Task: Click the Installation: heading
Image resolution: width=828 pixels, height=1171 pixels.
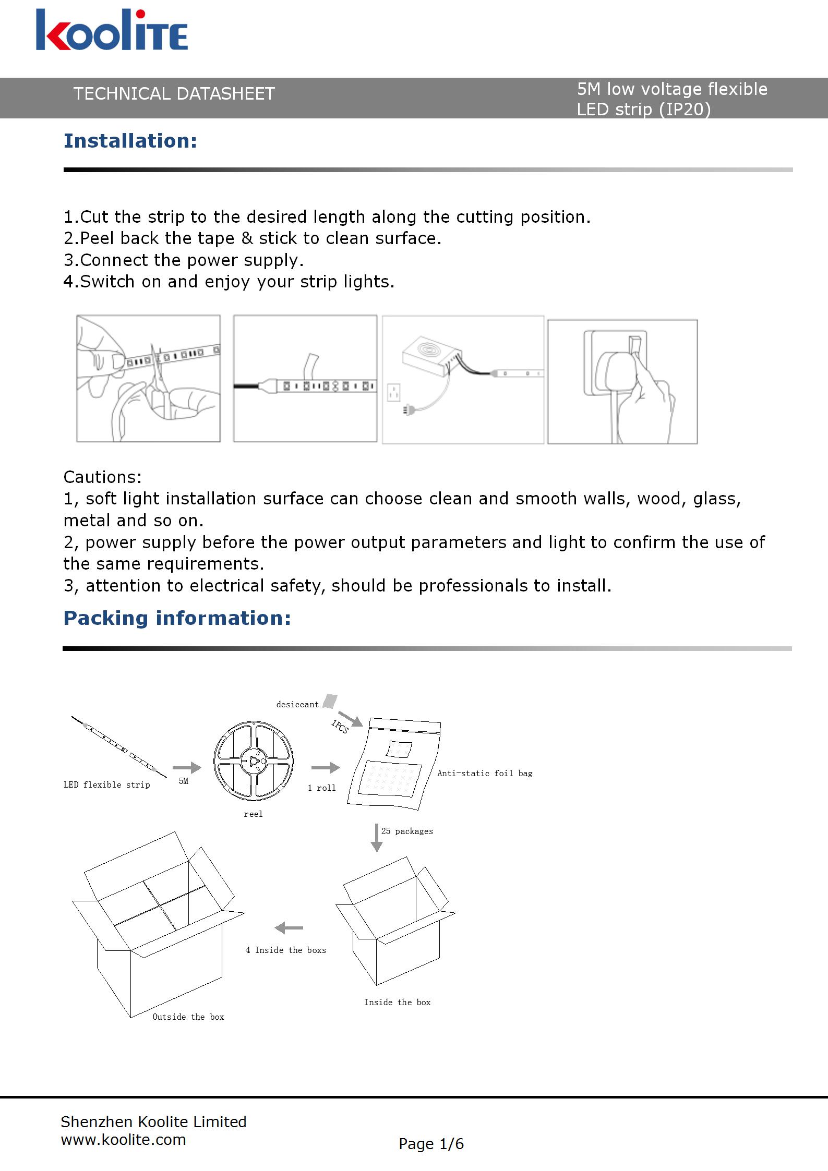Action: pos(130,141)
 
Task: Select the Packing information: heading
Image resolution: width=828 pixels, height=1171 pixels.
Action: pos(177,618)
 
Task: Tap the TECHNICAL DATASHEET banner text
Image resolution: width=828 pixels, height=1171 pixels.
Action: pos(174,94)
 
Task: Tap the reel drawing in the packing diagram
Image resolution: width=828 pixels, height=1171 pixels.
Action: pos(254,761)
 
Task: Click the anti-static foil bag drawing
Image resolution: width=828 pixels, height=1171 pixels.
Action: pos(395,765)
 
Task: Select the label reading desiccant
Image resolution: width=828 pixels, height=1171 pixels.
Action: pos(297,705)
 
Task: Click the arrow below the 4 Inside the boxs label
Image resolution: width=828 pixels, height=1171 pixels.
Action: pos(289,928)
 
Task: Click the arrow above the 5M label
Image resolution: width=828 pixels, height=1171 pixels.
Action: pos(186,767)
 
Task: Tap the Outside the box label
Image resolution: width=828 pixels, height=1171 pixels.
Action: pos(188,1017)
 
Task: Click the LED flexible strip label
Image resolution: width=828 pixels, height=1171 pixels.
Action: pos(106,785)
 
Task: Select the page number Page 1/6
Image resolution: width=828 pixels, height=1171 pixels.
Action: pos(431,1144)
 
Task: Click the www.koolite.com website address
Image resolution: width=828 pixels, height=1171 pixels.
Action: pos(124,1140)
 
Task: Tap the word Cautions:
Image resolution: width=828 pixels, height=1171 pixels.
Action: pos(102,477)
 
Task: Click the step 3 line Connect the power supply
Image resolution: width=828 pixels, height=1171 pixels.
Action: pos(183,260)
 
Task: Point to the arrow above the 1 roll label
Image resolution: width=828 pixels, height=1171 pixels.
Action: pos(325,767)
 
